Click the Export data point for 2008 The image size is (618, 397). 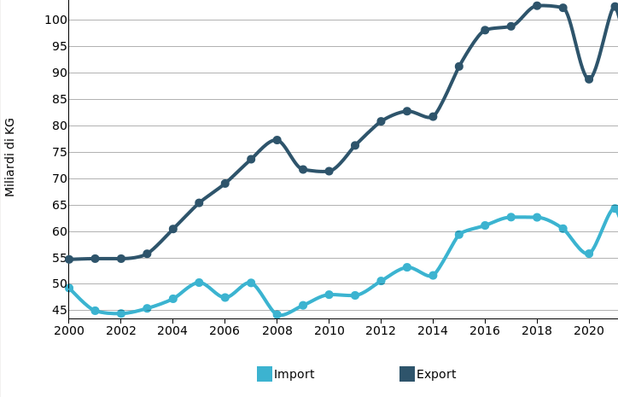(277, 140)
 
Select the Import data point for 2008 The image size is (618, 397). (277, 315)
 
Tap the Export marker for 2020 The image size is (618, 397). (589, 79)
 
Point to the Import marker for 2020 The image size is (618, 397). (589, 254)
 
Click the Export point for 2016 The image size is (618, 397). (485, 30)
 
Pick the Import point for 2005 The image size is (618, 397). (199, 283)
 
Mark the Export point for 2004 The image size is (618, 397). (172, 229)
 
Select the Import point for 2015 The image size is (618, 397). (458, 234)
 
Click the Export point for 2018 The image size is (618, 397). (537, 6)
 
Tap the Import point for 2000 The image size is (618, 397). (69, 288)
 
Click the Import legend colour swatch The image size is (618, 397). (265, 374)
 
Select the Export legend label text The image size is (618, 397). (436, 374)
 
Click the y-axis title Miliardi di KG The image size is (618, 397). (10, 157)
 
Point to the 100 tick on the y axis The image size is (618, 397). (56, 20)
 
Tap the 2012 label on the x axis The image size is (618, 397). (381, 330)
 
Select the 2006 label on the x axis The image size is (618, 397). (224, 330)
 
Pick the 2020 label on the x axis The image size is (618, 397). (589, 330)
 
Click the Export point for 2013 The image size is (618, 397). (407, 111)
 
